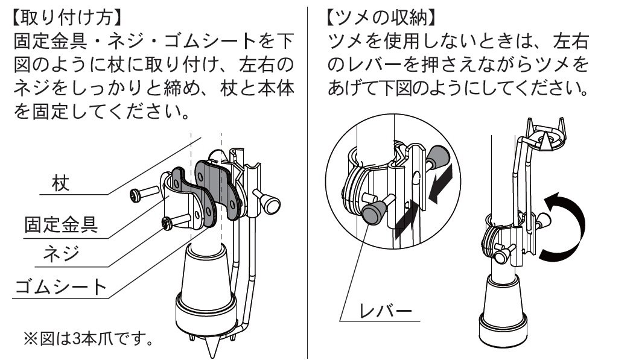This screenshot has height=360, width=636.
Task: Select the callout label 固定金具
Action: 61,224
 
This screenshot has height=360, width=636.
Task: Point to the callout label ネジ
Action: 61,254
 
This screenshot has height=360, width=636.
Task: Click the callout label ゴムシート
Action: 61,286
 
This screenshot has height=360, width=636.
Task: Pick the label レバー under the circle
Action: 386,311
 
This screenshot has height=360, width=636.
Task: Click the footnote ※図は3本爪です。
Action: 88,338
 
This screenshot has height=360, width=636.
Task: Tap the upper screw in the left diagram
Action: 144,193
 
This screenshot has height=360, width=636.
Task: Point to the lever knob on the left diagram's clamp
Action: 269,202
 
